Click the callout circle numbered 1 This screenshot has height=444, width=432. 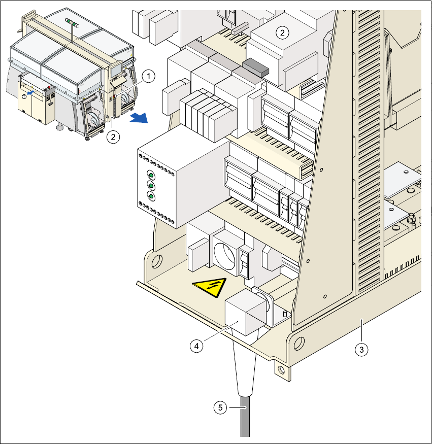click(148, 76)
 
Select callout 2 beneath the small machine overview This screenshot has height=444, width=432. click(114, 136)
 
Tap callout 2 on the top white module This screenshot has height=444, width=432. click(282, 32)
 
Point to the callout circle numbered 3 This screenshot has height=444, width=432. click(361, 349)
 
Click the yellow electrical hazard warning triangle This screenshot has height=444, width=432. click(209, 289)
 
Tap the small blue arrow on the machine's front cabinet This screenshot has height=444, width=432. click(32, 92)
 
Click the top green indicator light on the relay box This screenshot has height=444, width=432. click(151, 174)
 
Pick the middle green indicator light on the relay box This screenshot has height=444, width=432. click(151, 185)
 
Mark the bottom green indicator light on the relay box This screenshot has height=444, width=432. click(151, 196)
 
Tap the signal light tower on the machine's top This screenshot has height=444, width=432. click(73, 21)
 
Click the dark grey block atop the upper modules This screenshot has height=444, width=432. click(255, 67)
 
